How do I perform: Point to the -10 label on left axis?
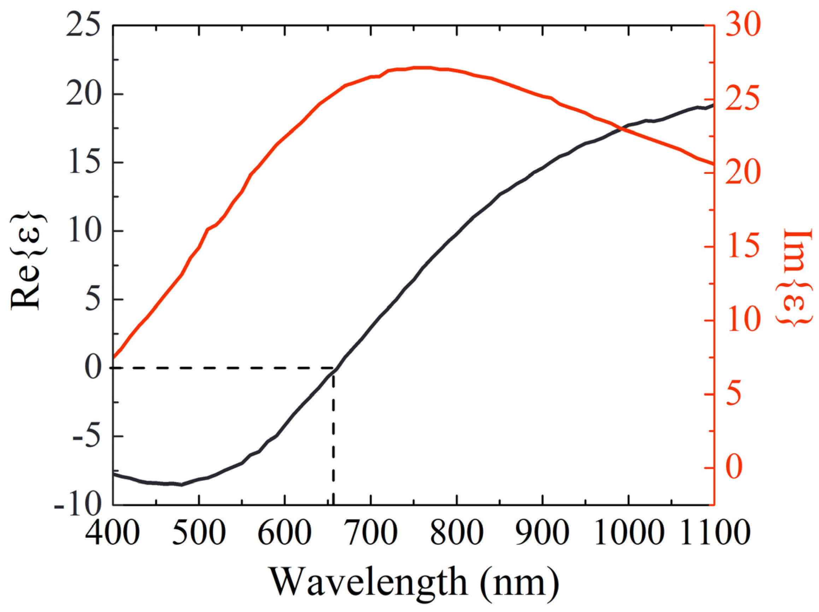click(x=78, y=505)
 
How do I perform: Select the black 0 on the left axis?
click(x=93, y=368)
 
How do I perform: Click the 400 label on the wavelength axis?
click(x=113, y=534)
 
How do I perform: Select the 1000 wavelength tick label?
click(x=628, y=534)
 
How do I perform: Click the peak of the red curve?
click(x=422, y=68)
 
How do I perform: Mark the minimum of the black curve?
click(x=181, y=485)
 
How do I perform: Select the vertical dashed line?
click(x=333, y=437)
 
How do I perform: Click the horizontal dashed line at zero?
click(x=222, y=368)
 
